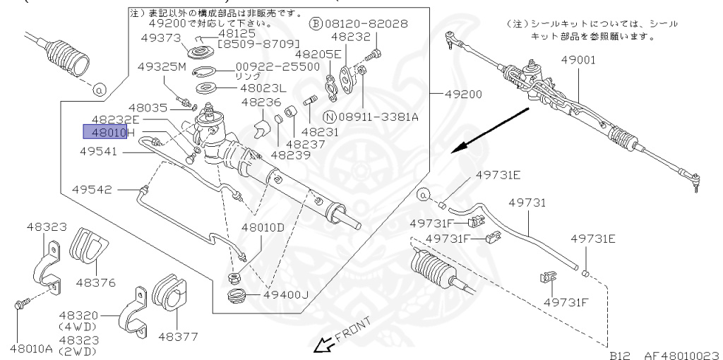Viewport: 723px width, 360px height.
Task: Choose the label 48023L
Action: pyautogui.click(x=263, y=88)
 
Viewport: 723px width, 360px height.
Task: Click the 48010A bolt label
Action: pyautogui.click(x=30, y=347)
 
